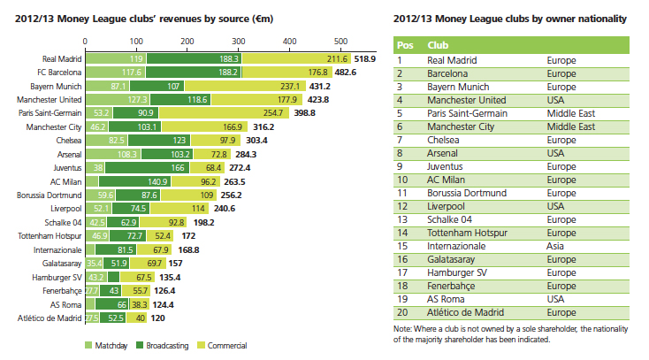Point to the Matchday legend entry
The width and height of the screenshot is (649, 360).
104,345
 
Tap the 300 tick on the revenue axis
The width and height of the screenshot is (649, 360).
239,41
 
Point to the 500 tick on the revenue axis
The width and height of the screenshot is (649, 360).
341,41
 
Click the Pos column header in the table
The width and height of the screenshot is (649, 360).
404,44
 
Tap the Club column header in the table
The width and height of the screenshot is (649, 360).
437,44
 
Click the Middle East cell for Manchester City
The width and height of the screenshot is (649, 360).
570,126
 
